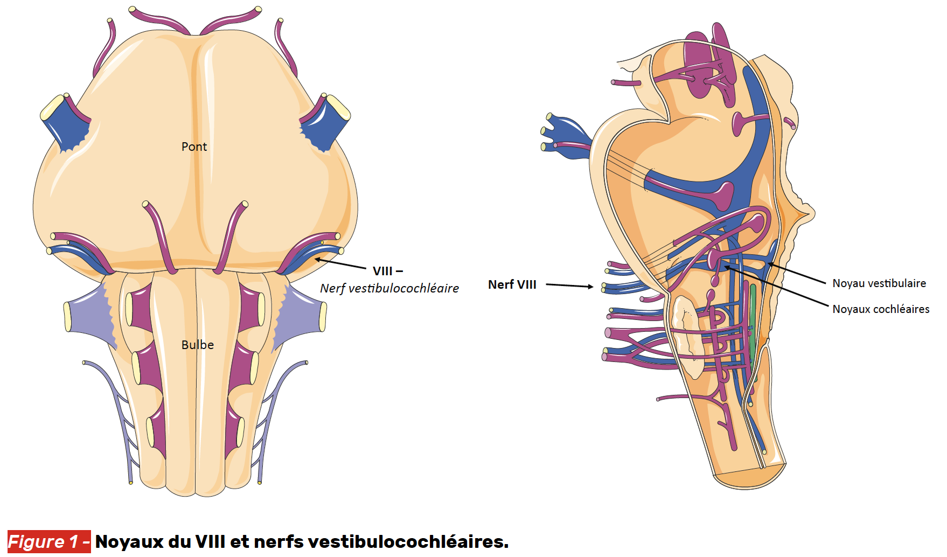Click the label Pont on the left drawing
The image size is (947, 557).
click(194, 147)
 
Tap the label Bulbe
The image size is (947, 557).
click(197, 345)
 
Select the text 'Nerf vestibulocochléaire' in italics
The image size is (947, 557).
click(389, 289)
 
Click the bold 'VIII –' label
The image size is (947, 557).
click(387, 271)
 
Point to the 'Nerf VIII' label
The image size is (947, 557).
click(512, 284)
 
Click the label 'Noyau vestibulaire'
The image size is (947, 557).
click(879, 283)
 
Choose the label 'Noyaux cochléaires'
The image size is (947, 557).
click(880, 309)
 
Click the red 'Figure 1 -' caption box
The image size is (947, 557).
click(49, 541)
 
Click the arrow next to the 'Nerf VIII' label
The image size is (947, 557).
click(569, 286)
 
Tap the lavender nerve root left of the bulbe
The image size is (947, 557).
click(89, 315)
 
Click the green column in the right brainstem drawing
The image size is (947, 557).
click(753, 323)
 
